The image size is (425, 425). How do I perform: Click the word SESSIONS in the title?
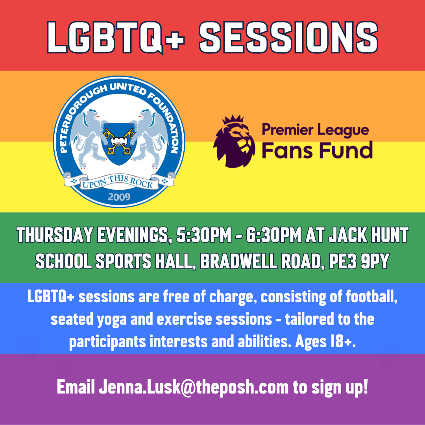pos(289,37)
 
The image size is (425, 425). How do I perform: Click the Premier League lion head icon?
pos(234,141)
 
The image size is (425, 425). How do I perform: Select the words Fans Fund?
pos(317,150)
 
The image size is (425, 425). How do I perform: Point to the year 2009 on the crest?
pos(119,196)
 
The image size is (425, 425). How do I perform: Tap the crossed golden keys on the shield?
pos(118,141)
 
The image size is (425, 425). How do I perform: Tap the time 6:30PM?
pos(274,235)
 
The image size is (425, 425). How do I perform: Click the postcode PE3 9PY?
pos(359,261)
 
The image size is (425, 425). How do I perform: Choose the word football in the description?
pos(371,297)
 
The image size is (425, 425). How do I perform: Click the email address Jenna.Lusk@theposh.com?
pos(194,387)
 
